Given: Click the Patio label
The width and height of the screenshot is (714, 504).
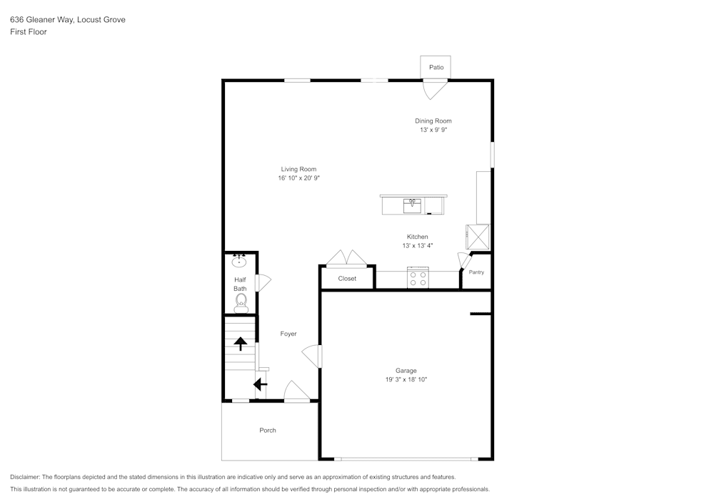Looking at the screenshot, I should click(436, 67).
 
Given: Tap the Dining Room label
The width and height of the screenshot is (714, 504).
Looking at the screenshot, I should click(433, 121).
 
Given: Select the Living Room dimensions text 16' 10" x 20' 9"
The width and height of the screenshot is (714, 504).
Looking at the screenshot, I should click(298, 178).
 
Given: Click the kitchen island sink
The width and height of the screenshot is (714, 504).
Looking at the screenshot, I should click(412, 205).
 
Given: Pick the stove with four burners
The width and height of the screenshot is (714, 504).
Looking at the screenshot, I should click(417, 278).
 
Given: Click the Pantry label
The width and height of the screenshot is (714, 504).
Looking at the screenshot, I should click(476, 272).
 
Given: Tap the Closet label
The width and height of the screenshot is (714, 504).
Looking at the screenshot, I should click(347, 279).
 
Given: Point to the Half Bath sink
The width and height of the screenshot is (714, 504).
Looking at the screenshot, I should click(239, 261).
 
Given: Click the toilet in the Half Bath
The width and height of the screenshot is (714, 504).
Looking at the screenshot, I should click(241, 302).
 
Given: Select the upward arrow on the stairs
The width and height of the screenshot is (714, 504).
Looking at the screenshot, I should click(241, 344).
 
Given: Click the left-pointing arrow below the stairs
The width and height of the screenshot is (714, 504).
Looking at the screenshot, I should click(260, 385).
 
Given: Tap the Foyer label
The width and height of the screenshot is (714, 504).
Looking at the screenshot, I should click(288, 334).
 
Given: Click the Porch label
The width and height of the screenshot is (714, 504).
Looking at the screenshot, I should click(268, 431).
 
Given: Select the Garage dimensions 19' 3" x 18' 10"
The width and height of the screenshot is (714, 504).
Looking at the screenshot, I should click(406, 380).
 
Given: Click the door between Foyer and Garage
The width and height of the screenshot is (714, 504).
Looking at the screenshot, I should click(312, 355).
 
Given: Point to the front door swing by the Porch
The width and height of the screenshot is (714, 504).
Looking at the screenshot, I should click(296, 391).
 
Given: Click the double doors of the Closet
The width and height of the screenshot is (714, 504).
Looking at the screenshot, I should click(346, 259).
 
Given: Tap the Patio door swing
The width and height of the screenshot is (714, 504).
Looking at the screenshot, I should click(435, 89).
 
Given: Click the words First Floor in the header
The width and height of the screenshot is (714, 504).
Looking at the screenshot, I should click(29, 32).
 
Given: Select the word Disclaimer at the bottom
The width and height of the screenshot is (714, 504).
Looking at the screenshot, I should click(25, 477).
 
